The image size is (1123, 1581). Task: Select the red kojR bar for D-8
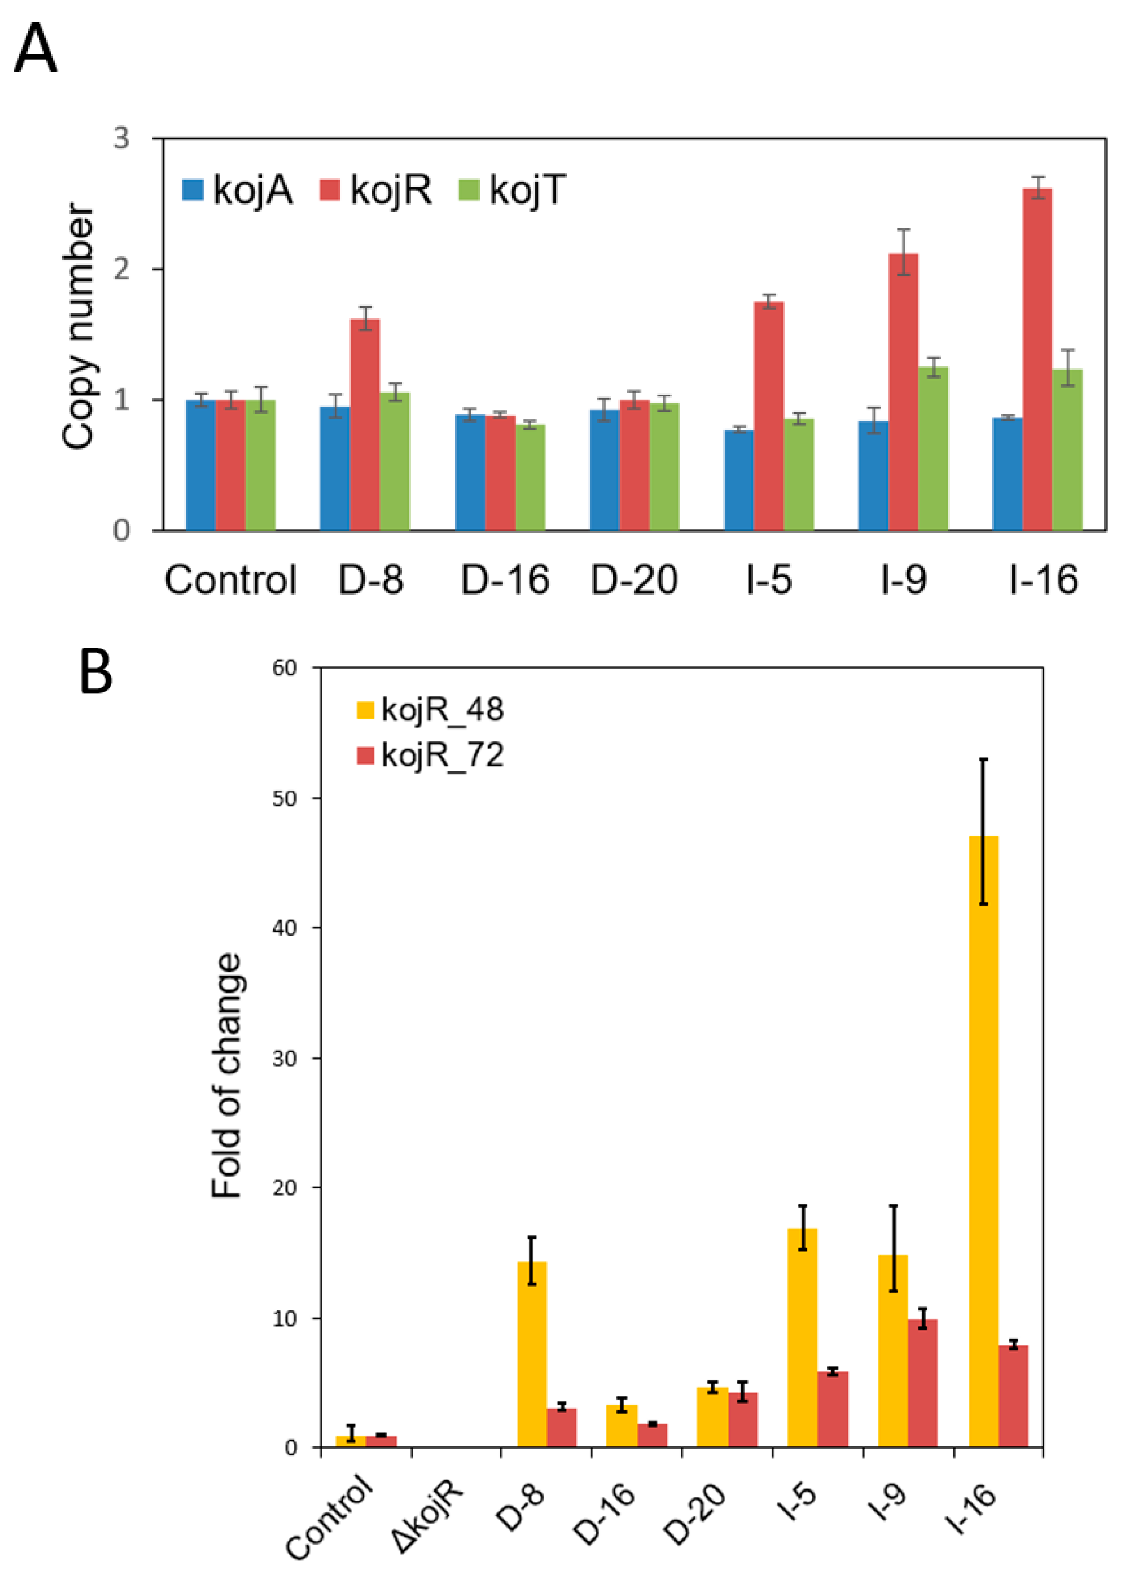(x=365, y=425)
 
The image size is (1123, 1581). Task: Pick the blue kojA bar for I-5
(x=739, y=480)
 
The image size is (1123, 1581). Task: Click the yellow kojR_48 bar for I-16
(x=982, y=1141)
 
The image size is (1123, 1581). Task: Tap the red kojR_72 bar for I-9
(x=922, y=1383)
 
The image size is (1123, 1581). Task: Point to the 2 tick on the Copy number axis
(x=122, y=268)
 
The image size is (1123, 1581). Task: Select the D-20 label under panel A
(x=633, y=579)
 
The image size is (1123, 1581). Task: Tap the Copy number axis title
(x=77, y=326)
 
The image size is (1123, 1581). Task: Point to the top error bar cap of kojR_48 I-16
(x=982, y=759)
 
